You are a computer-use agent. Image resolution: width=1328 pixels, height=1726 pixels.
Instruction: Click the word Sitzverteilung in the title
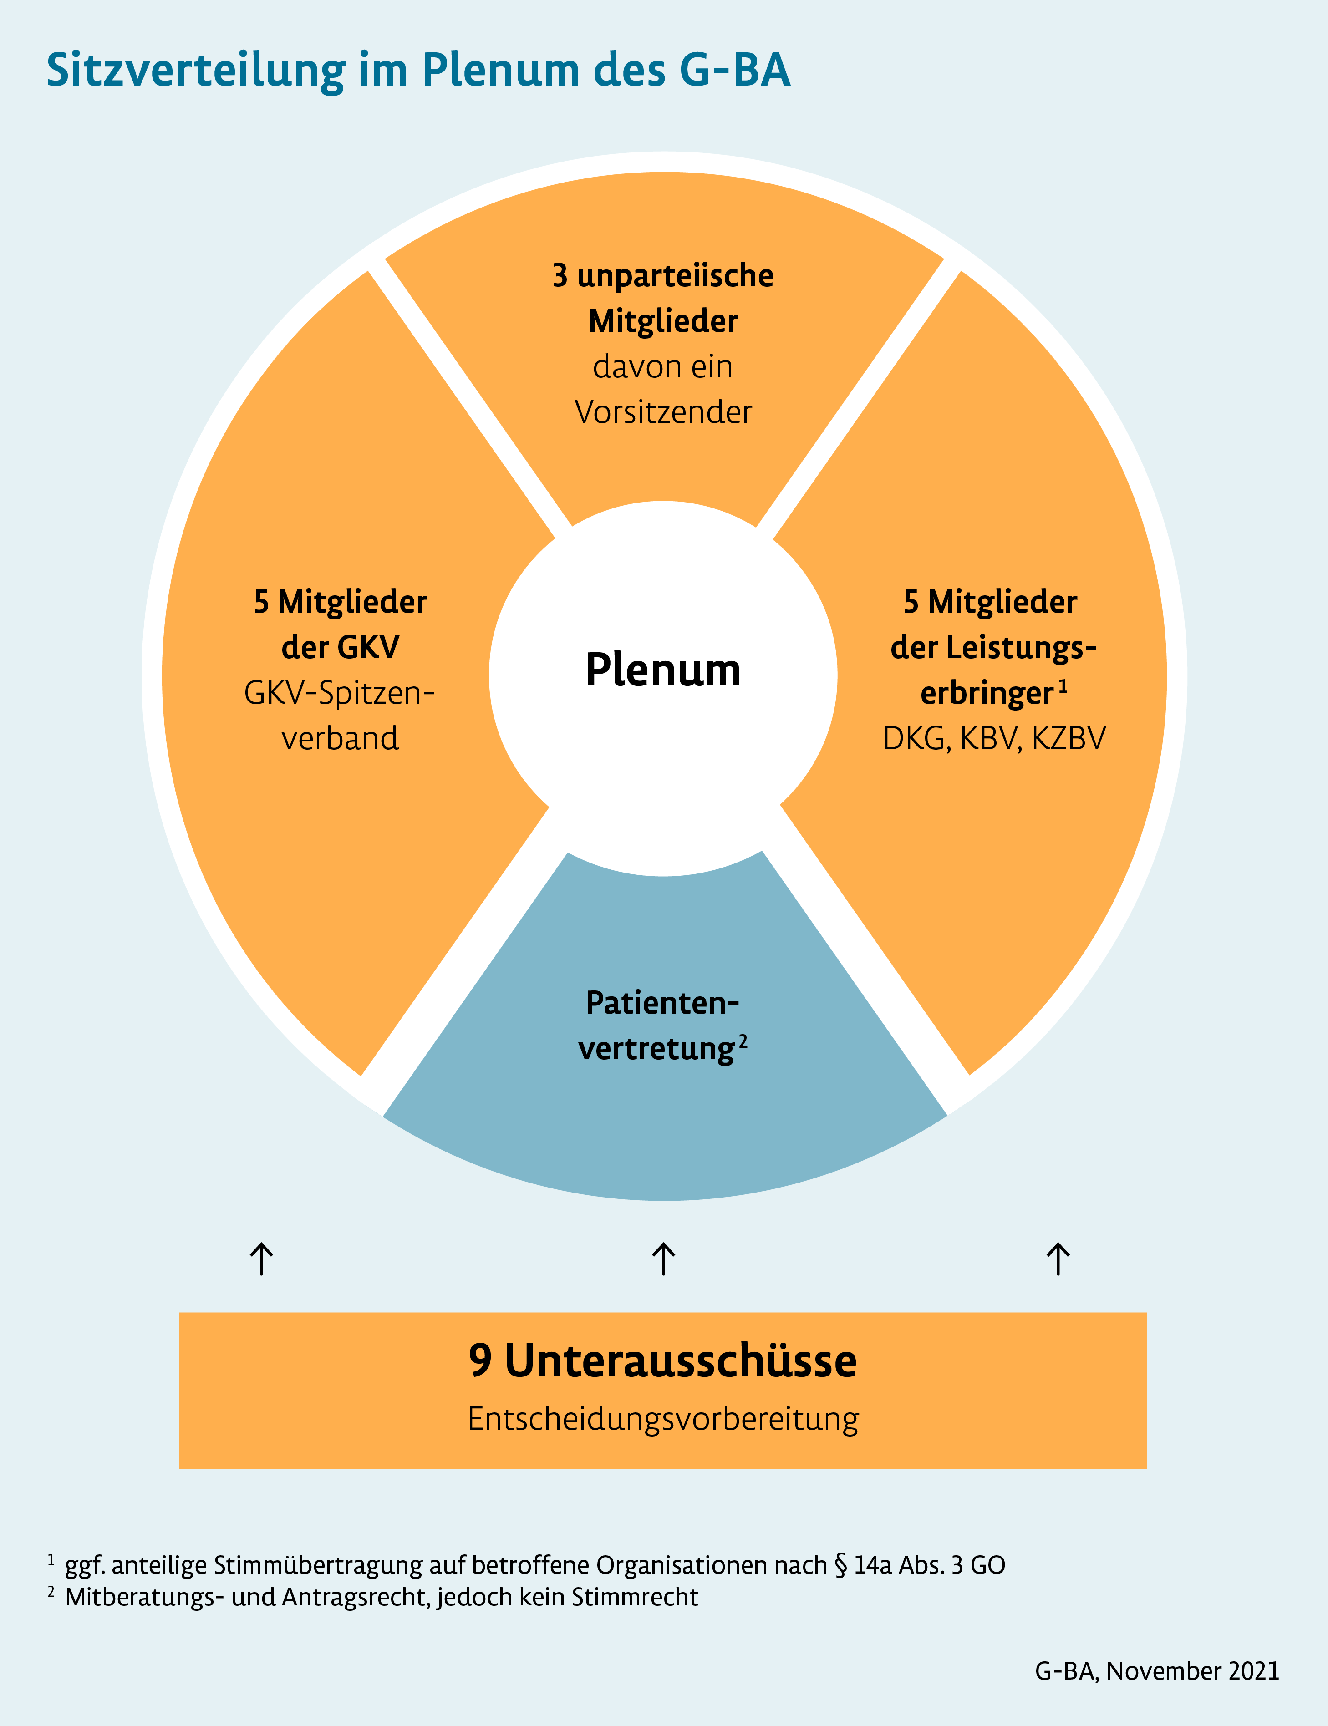196,71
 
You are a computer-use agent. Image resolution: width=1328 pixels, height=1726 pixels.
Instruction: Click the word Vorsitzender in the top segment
663,412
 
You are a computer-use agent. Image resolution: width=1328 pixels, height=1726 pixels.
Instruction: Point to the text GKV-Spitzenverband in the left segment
340,715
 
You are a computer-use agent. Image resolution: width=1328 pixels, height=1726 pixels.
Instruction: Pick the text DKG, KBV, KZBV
994,738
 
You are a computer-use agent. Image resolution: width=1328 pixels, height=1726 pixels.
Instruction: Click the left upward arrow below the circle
262,1258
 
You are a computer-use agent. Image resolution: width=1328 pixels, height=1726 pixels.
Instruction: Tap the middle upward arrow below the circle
663,1258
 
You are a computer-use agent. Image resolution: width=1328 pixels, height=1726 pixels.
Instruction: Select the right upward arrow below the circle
1058,1258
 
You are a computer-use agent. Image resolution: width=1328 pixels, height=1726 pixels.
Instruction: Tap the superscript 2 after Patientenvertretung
743,1041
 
